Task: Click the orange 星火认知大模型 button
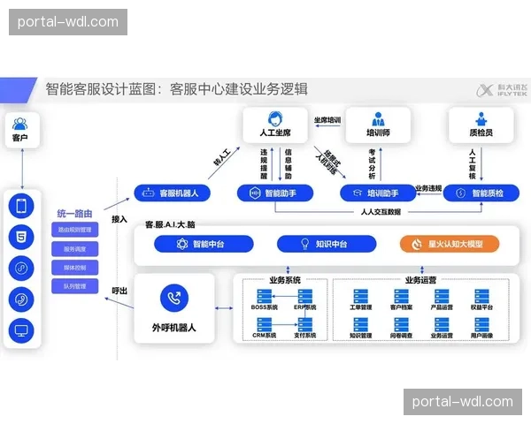point(449,244)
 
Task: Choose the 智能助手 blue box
point(274,192)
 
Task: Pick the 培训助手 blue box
point(376,192)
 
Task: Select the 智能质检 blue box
point(481,192)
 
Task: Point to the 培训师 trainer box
point(378,125)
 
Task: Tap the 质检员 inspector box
point(481,125)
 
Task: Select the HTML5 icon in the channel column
point(20,237)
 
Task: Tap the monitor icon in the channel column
point(20,330)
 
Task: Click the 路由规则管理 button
point(80,230)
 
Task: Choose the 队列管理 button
point(80,285)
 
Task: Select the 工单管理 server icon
point(360,296)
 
